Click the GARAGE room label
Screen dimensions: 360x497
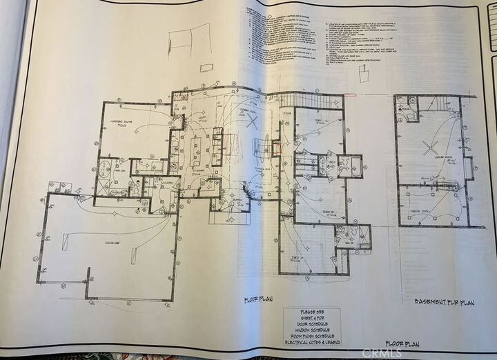113,243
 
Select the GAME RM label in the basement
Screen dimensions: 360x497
433,158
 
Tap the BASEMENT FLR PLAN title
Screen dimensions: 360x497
443,301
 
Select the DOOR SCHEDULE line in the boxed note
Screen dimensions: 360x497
311,324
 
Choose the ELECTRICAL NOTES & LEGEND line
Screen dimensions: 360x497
311,342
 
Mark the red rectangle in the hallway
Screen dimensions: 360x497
276,147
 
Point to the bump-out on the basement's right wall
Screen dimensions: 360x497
469,168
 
